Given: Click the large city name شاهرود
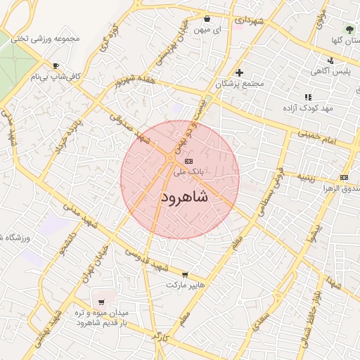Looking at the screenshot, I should (180, 198).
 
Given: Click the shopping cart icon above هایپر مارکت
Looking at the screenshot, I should (185, 275).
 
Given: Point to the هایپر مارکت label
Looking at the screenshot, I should (185, 285).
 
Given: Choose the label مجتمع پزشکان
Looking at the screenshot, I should (240, 84).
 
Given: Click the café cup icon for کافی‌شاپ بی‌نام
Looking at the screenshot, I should (35, 75).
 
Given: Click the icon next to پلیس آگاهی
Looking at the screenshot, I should (312, 72).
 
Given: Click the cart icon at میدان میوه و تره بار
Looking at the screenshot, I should (101, 302).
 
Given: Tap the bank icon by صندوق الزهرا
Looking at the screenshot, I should (344, 177).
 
